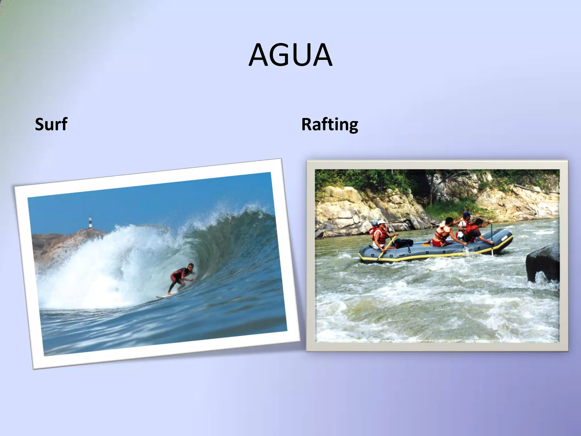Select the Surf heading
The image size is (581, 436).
click(x=51, y=124)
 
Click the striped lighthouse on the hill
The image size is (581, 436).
click(x=90, y=222)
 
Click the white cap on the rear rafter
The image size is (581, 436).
click(x=381, y=222)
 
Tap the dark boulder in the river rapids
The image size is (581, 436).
click(x=542, y=263)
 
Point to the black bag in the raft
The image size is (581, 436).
click(x=404, y=243)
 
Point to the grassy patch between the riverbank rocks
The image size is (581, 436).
click(x=451, y=209)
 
